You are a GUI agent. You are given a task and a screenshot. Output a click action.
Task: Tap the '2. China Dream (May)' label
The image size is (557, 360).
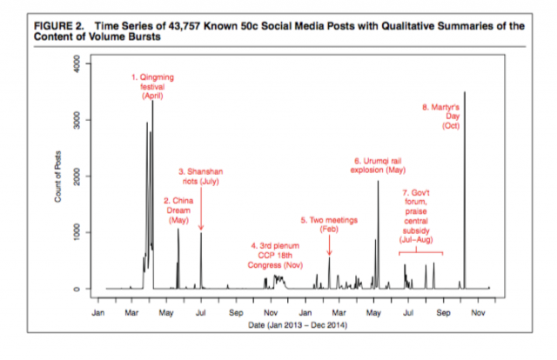[178, 210]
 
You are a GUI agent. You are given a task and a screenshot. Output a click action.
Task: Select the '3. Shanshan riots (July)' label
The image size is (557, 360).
[201, 180]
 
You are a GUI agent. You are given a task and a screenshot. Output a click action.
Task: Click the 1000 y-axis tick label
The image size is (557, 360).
[76, 232]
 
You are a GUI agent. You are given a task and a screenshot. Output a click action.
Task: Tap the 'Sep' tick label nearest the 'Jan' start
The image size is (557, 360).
[235, 310]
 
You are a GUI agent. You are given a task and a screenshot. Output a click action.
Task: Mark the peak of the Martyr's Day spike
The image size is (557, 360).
[465, 92]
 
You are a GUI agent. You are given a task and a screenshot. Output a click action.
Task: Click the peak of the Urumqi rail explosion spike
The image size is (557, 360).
[378, 182]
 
